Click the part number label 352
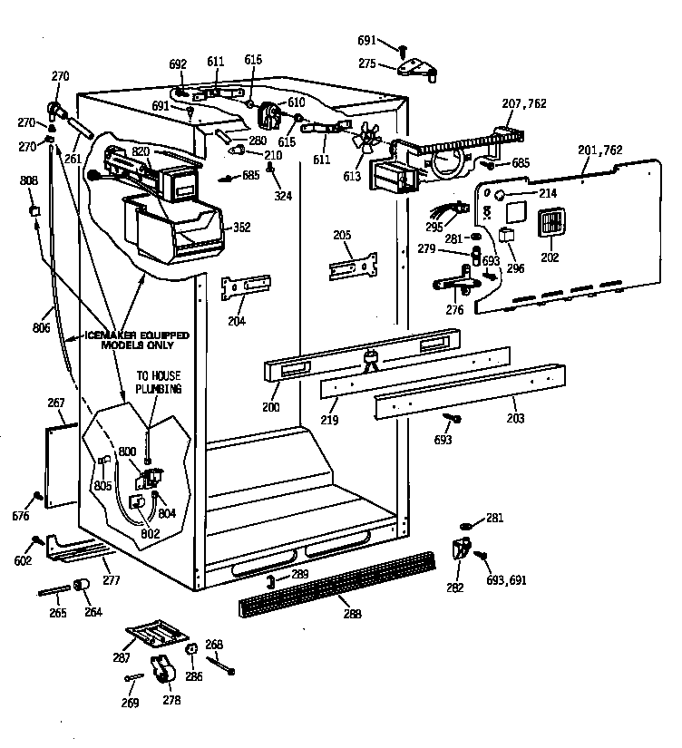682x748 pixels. point(241,228)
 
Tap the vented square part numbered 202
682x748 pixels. point(550,223)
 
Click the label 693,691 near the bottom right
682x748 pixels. point(506,580)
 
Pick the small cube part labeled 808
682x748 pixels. point(35,210)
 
